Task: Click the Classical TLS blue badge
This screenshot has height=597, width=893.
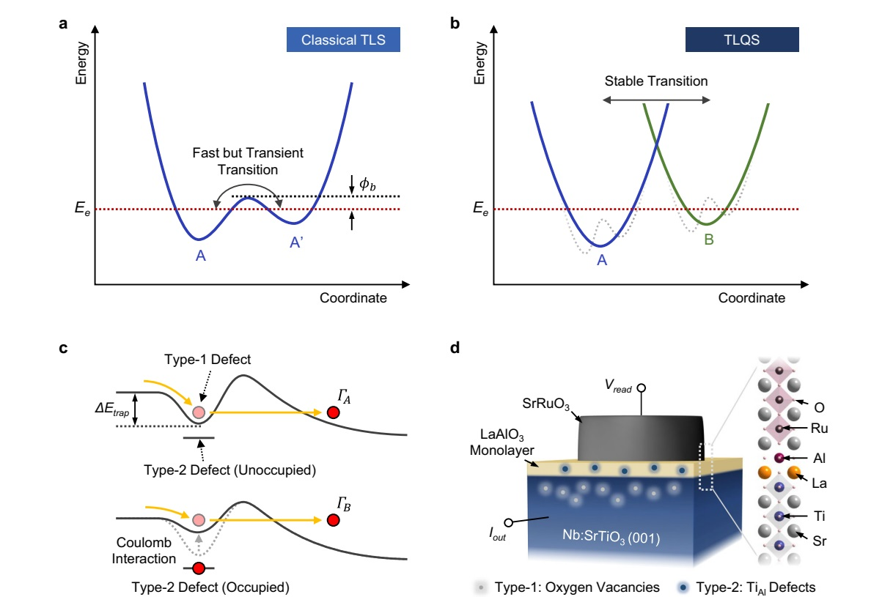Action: tap(343, 40)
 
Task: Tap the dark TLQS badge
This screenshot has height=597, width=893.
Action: tap(742, 40)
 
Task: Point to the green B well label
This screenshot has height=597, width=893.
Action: tap(708, 240)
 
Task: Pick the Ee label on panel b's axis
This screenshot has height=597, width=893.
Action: tap(481, 210)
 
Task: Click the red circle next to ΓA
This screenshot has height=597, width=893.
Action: tap(334, 412)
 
